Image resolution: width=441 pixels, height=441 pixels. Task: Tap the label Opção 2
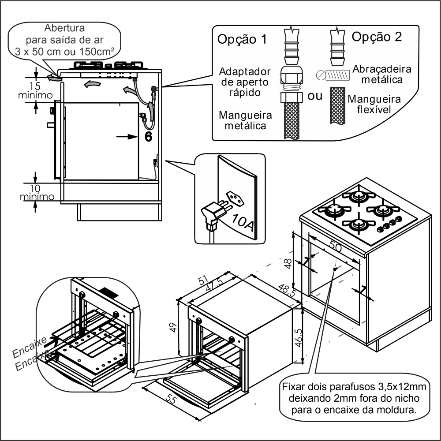click(377, 37)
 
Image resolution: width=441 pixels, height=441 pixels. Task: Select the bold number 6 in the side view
click(148, 137)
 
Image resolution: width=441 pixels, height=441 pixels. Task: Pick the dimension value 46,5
click(299, 338)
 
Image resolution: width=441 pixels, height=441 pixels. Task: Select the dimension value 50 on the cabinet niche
click(336, 247)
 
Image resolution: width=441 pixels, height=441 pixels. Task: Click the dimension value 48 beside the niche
click(287, 264)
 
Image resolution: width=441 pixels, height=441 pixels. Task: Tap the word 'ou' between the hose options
click(315, 96)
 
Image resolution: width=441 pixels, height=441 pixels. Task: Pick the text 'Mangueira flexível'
click(374, 104)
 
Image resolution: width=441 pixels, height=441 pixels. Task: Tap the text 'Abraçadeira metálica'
click(382, 74)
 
